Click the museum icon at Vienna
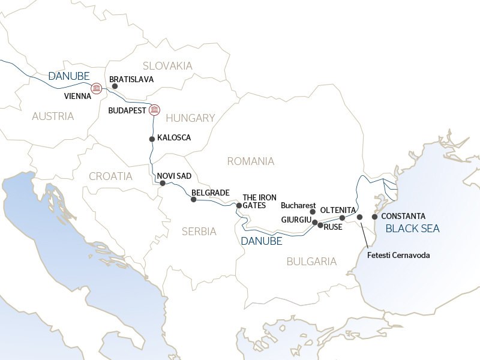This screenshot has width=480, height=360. tap(96, 89)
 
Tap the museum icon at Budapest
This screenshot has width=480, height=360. tap(154, 110)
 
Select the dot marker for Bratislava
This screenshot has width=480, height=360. tap(115, 86)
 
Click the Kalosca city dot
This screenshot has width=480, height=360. tap(152, 139)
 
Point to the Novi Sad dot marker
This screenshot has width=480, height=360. tap(162, 183)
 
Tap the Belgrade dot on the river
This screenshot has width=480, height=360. tap(193, 199)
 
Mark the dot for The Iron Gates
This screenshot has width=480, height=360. tap(239, 205)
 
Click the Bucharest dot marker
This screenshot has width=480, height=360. tap(312, 212)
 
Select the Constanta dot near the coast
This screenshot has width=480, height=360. tap(374, 217)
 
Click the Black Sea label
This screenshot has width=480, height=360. tap(412, 229)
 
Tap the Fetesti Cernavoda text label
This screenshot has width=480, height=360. tap(398, 255)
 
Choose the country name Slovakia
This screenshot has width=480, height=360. tap(167, 65)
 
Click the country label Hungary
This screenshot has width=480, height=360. tap(190, 118)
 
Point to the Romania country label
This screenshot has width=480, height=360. tap(250, 161)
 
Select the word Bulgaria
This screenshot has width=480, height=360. tap(311, 261)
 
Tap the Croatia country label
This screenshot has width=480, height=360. tap(110, 176)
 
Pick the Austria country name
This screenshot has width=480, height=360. tap(53, 116)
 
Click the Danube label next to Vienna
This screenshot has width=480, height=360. tap(68, 76)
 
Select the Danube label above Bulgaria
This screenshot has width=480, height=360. tap(261, 241)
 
